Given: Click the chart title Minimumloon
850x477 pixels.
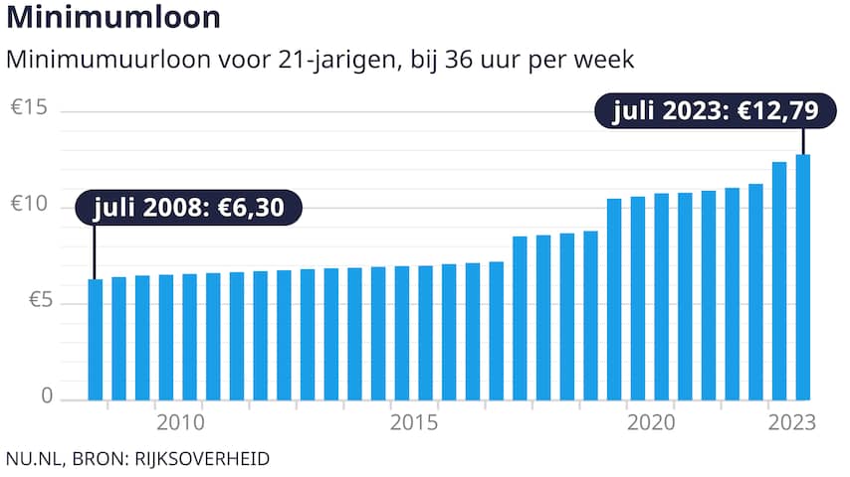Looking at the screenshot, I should (112, 18).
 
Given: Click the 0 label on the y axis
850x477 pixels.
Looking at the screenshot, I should (45, 397).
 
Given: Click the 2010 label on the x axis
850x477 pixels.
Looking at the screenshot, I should (180, 423).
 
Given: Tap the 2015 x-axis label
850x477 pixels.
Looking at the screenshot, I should (414, 423).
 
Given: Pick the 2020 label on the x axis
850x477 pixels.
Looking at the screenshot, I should (650, 423).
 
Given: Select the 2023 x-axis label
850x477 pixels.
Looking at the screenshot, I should (792, 423).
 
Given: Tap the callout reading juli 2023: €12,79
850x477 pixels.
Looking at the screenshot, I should (715, 110).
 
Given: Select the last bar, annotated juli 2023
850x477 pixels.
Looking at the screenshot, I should (802, 277).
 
